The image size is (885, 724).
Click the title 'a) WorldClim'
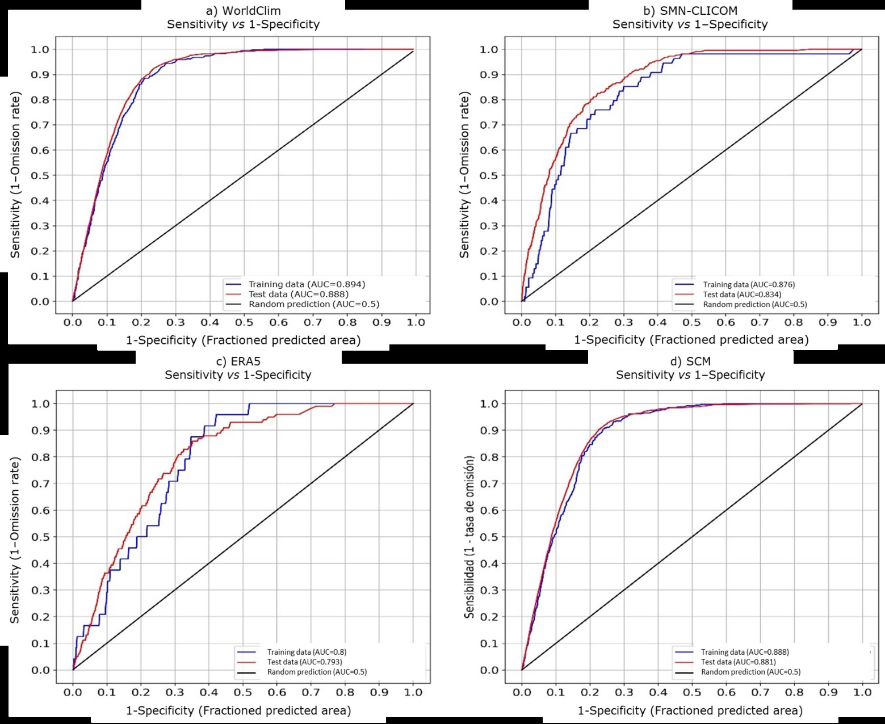click(x=243, y=11)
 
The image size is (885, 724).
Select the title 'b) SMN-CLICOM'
click(x=690, y=11)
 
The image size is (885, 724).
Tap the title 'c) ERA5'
click(x=238, y=361)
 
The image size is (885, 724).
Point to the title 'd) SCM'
click(x=690, y=361)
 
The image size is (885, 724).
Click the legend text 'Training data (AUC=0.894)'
click(x=307, y=284)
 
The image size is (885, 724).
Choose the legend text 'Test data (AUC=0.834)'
click(x=742, y=294)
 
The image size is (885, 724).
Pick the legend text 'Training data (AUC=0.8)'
click(x=307, y=652)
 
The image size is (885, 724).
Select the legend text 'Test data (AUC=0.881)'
click(x=738, y=662)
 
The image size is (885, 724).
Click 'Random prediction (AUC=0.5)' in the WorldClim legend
click(x=314, y=304)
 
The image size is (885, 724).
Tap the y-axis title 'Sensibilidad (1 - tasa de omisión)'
click(x=469, y=536)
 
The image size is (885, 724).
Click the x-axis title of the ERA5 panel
click(x=238, y=710)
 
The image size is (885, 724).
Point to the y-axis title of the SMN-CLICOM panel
click(x=465, y=175)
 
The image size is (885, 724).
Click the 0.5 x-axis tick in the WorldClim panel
click(x=244, y=322)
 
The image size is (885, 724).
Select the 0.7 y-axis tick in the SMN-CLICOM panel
click(x=489, y=125)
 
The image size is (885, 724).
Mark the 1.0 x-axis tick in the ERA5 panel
click(x=413, y=692)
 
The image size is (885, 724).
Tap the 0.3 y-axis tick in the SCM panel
click(x=489, y=590)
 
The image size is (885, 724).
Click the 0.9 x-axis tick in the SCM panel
click(x=828, y=692)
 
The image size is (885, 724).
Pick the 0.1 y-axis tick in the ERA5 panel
click(x=40, y=643)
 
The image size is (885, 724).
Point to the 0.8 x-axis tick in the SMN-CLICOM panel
click(x=794, y=322)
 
